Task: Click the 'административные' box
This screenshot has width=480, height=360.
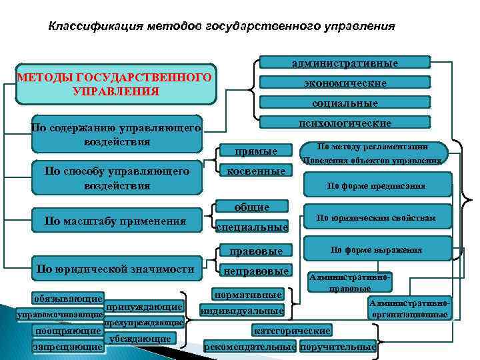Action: click(344, 63)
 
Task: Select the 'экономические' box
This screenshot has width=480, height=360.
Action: click(344, 83)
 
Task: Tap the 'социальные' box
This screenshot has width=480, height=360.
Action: click(344, 103)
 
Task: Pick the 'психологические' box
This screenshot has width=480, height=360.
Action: click(344, 123)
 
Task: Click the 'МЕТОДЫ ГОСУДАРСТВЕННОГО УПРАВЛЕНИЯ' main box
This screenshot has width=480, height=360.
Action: click(116, 85)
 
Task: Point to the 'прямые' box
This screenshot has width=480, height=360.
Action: click(256, 151)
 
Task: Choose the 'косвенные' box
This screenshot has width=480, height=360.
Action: click(256, 171)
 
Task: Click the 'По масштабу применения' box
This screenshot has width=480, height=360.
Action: click(115, 221)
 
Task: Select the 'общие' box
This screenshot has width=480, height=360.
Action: click(251, 207)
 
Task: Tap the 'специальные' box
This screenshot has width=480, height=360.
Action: click(252, 227)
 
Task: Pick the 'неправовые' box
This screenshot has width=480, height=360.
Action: click(256, 271)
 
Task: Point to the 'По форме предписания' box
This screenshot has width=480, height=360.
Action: click(376, 186)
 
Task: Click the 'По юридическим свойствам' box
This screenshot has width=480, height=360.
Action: click(376, 217)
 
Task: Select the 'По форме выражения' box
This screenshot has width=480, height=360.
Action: click(376, 250)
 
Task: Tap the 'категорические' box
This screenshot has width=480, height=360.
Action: click(290, 331)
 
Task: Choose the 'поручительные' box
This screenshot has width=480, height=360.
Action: click(338, 347)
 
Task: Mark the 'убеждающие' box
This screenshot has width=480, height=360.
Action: click(139, 339)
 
